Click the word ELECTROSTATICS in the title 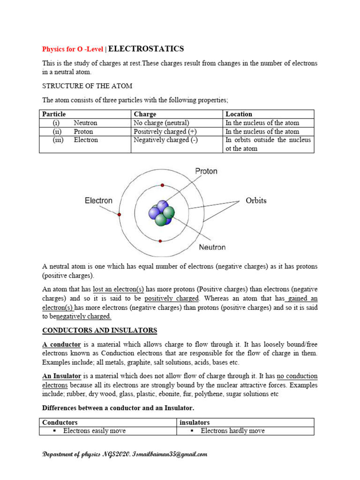146,49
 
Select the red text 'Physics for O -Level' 74,49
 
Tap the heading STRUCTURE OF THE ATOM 87,86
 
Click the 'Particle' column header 54,114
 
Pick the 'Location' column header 239,114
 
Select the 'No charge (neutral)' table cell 161,123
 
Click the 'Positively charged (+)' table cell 165,132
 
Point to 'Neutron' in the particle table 85,123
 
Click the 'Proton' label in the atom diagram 206,172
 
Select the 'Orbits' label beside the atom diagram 256,201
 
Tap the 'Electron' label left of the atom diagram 98,201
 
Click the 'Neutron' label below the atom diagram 212,247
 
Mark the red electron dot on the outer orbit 120,214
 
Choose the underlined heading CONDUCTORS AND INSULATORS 99,330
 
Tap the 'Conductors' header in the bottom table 60,422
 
